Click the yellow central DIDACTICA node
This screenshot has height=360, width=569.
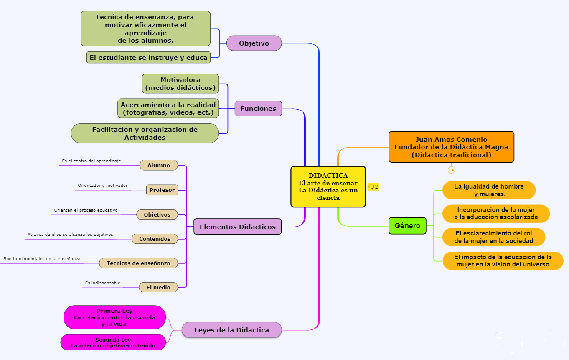pos(328,186)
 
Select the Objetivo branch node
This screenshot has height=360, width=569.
pos(254,43)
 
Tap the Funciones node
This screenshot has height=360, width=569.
pos(258,109)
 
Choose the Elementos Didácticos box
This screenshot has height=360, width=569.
pos(238,227)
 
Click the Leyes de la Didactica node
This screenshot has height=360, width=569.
pos(232,330)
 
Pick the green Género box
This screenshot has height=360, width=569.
pos(407,226)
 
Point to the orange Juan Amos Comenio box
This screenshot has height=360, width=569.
pos(451,147)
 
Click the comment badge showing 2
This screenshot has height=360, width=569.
pos(373,187)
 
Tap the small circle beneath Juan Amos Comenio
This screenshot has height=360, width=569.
pos(451,170)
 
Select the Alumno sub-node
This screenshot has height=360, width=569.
pos(159,165)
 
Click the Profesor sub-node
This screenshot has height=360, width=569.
pos(162,190)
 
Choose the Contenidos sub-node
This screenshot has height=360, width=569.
pos(155,239)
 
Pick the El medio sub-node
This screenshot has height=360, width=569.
pos(158,287)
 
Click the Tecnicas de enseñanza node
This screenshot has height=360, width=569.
pos(138,263)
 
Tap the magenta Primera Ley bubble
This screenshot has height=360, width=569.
pos(114,317)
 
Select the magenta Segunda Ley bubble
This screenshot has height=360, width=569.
pos(113,342)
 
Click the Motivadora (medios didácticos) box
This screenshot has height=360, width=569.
pos(180,84)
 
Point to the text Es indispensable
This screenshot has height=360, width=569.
pos(103,283)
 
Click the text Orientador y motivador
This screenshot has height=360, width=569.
pos(103,186)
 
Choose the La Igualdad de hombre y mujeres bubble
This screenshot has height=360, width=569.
pos(489,190)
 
